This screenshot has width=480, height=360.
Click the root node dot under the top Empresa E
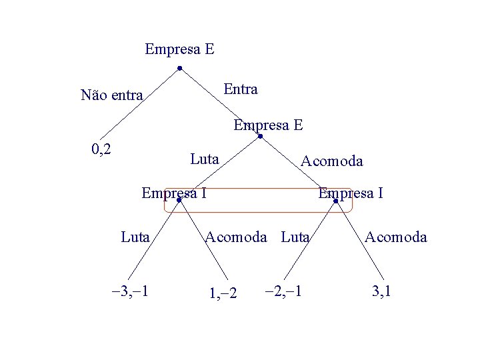pos(180,68)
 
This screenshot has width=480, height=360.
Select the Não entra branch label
pos(111,95)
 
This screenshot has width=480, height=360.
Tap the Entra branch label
pos(241,89)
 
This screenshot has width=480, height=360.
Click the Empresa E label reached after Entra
pos(268,125)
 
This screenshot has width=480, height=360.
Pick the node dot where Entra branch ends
pos(261,137)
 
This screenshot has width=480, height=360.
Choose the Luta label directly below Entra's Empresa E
pos(204,159)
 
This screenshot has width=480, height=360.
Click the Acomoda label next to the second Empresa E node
pos(332,161)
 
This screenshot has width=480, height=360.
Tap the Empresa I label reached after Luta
pos(173,193)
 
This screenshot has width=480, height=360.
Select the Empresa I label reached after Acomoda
pos(351,193)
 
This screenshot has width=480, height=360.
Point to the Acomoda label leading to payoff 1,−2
pos(236,236)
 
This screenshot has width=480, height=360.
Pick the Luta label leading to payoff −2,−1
pos(295,236)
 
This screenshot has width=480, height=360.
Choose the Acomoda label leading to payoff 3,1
pos(396,236)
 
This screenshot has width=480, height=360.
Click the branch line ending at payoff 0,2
pos(141,104)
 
